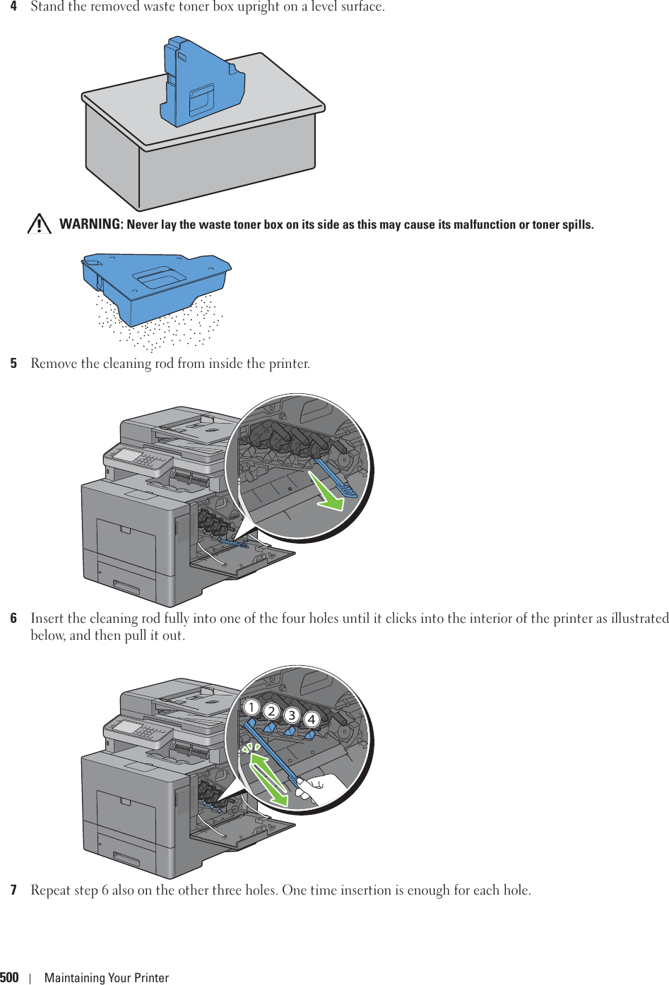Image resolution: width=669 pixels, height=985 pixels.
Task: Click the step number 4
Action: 13,7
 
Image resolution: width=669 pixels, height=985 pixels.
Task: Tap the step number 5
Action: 13,364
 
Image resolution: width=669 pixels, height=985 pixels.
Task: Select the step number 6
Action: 13,619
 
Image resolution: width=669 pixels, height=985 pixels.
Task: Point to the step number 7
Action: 13,890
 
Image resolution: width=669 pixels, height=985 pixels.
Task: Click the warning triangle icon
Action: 40,224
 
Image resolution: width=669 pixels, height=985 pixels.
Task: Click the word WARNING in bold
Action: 90,225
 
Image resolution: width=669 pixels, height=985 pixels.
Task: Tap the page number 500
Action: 10,977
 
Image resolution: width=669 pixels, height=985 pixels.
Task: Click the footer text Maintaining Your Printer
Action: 107,978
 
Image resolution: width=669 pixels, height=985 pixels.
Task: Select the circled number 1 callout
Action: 251,707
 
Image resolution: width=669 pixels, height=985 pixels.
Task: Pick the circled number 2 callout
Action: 271,711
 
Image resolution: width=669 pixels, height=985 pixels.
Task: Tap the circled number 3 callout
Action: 291,715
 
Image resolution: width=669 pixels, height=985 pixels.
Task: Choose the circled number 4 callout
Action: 312,720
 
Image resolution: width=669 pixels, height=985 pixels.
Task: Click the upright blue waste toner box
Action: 201,83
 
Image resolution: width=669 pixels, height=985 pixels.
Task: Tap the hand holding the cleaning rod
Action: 322,787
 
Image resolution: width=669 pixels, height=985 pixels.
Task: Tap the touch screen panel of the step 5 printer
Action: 131,455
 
